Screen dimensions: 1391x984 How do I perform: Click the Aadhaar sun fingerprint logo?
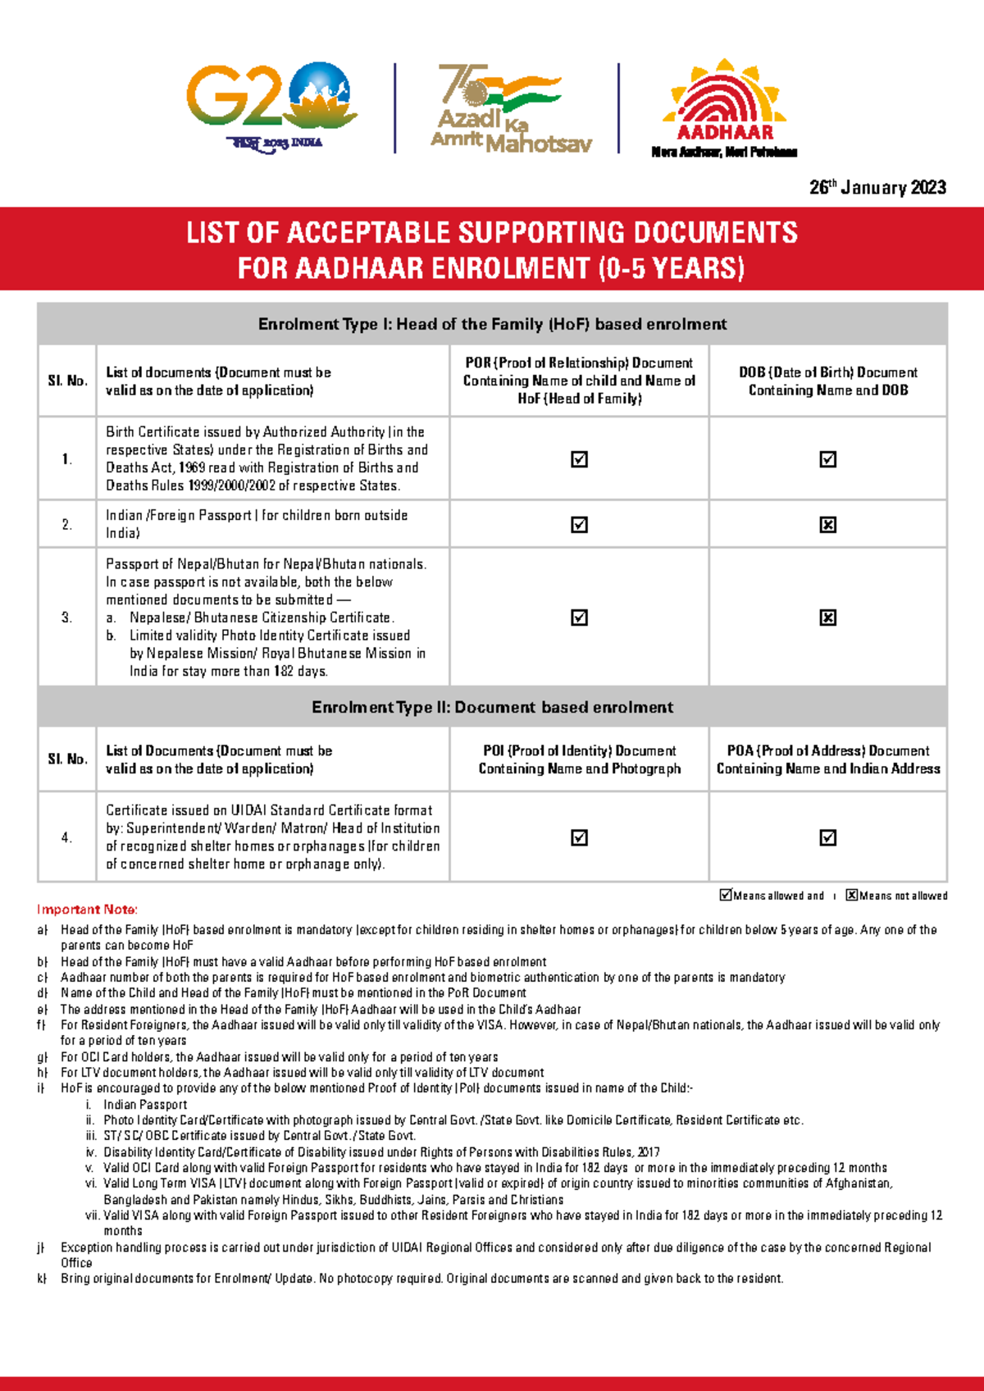tap(725, 107)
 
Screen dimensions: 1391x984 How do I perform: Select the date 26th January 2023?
tap(877, 188)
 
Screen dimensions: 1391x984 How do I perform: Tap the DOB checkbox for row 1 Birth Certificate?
tap(828, 459)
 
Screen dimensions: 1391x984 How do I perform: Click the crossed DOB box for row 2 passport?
tap(828, 525)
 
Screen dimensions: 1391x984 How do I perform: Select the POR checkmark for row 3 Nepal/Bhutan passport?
tap(580, 618)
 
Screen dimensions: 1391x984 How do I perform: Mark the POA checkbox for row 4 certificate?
tap(828, 837)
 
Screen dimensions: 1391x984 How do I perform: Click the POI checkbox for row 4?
tap(580, 837)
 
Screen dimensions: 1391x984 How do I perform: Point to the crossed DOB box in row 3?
tap(828, 618)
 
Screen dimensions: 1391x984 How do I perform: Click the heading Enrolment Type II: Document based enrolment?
tap(492, 707)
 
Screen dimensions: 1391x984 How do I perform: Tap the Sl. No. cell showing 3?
tap(67, 618)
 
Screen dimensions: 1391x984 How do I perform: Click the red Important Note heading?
tap(87, 910)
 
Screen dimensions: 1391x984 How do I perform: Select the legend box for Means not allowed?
tap(852, 895)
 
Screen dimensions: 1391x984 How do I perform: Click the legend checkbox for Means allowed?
tap(726, 895)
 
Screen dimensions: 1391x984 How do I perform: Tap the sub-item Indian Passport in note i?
tap(145, 1105)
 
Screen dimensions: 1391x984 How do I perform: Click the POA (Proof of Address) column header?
tap(828, 759)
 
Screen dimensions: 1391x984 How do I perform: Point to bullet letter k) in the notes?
tap(42, 1279)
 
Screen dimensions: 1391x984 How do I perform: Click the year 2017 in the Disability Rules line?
tap(648, 1152)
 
